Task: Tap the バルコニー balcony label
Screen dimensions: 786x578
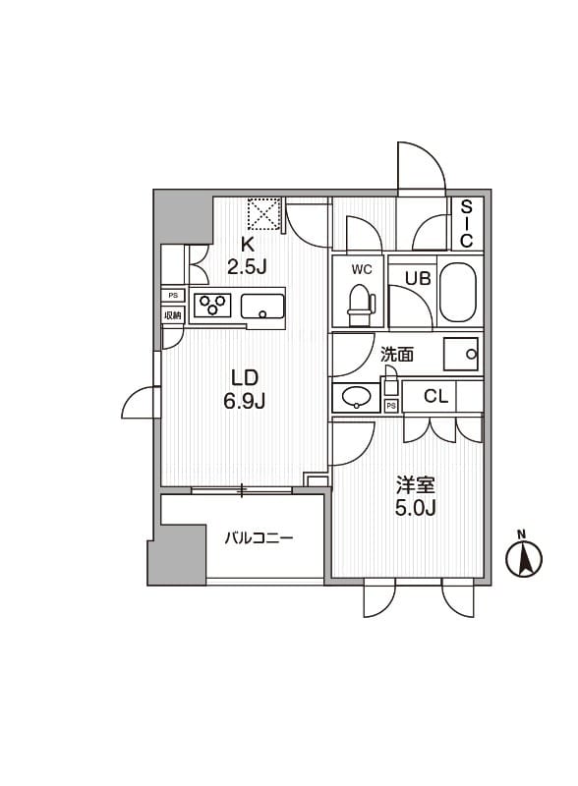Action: pyautogui.click(x=259, y=538)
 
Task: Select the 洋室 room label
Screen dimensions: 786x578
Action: pyautogui.click(x=416, y=485)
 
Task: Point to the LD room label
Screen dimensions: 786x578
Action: pyautogui.click(x=245, y=377)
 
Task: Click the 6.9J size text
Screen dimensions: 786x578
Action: pyautogui.click(x=246, y=400)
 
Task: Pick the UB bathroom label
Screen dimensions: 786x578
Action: pyautogui.click(x=419, y=277)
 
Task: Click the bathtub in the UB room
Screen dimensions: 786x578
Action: pyautogui.click(x=457, y=292)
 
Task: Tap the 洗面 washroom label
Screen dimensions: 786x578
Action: pyautogui.click(x=396, y=355)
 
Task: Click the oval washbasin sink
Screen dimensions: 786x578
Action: pyautogui.click(x=355, y=397)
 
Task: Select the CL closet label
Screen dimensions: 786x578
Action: pyautogui.click(x=436, y=397)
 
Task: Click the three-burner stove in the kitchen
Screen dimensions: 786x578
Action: pyautogui.click(x=210, y=305)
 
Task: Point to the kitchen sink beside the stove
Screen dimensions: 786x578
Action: pyautogui.click(x=262, y=306)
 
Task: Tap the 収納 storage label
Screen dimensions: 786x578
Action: pyautogui.click(x=173, y=314)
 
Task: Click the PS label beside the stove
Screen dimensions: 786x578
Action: pyautogui.click(x=173, y=295)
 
